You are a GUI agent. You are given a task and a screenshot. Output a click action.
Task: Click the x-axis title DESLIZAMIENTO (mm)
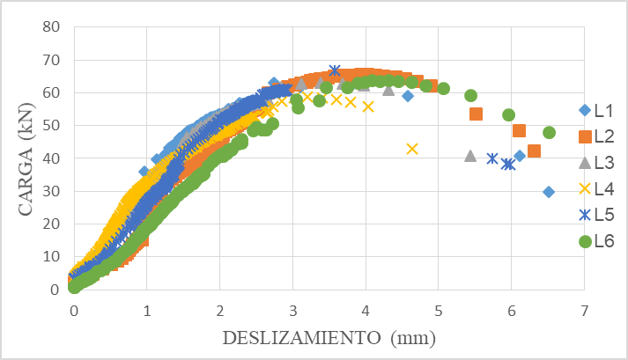coord(330,338)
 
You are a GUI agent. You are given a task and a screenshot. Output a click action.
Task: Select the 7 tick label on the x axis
coord(584,310)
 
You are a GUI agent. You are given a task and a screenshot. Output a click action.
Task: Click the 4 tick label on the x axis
coord(366,310)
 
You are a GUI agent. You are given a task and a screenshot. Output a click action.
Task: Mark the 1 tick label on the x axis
coord(146,310)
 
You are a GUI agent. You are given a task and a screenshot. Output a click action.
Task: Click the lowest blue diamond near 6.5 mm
coord(549,192)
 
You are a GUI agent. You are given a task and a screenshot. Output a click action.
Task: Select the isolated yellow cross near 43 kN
coord(412,149)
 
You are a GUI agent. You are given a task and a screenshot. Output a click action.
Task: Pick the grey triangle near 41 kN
coord(470,156)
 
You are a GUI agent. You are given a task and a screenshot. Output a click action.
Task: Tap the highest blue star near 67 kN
coord(335,70)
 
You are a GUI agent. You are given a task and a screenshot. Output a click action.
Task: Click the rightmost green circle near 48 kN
coord(549,133)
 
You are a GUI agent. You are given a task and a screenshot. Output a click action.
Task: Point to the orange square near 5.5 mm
coord(476,114)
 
